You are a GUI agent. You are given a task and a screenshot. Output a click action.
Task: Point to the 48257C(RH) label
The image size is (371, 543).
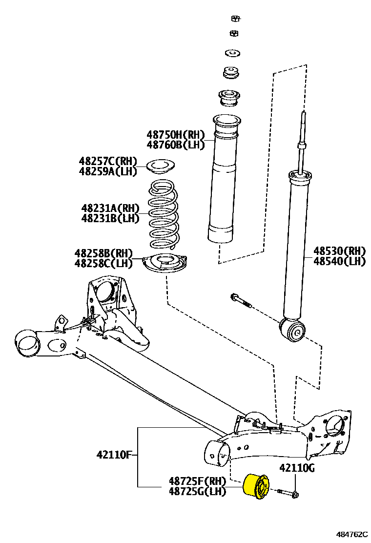pyautogui.click(x=108, y=161)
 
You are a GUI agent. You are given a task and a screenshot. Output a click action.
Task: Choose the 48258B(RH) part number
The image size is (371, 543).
pyautogui.click(x=103, y=253)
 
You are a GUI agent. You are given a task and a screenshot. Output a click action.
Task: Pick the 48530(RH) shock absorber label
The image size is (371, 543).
pyautogui.click(x=339, y=251)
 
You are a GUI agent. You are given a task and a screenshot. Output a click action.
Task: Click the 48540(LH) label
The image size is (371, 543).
pyautogui.click(x=339, y=261)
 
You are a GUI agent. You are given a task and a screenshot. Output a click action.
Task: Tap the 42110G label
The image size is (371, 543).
pyautogui.click(x=297, y=469)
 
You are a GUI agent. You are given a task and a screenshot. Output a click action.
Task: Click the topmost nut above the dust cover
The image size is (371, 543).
pyautogui.click(x=234, y=19)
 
